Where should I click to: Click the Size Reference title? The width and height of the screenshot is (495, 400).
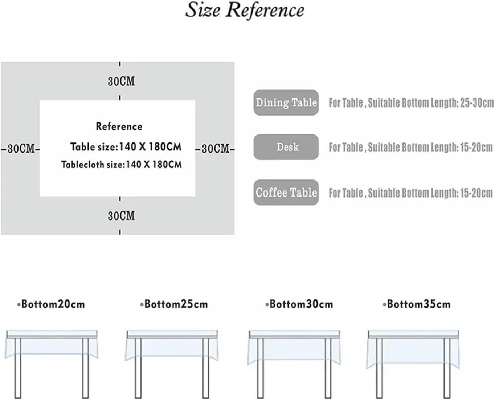point(245,10)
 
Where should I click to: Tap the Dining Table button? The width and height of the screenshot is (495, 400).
point(286,102)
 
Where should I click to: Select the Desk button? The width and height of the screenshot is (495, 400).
point(286,147)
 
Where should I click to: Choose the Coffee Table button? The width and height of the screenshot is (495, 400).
point(286,192)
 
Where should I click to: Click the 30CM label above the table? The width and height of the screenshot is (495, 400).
point(121,81)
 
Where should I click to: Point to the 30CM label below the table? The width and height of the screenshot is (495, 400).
point(121,216)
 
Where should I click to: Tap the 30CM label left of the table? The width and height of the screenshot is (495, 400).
point(21,149)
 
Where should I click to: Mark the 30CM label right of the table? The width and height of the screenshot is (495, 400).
point(215,149)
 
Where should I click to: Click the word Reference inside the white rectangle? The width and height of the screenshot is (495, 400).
point(119,126)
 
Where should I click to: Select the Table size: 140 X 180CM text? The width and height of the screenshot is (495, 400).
point(126,147)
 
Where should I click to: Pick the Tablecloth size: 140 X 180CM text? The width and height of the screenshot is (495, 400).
point(121,165)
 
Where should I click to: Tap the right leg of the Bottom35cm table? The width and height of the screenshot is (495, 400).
point(447,367)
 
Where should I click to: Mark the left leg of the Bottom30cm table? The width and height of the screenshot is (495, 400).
point(260,367)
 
